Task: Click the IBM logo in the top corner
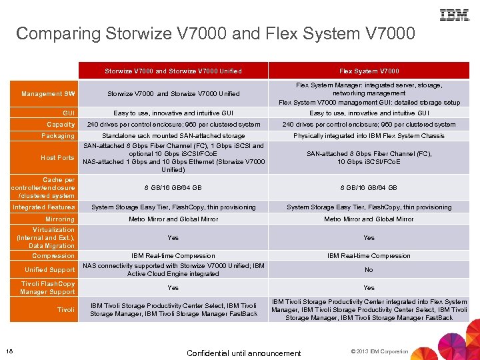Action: (454, 14)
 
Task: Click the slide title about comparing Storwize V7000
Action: (215, 33)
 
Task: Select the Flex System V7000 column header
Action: (369, 71)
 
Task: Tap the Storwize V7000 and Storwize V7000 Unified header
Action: (173, 71)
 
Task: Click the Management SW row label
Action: (48, 94)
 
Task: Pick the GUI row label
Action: (69, 113)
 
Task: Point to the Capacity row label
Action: (61, 125)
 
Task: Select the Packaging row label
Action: (58, 136)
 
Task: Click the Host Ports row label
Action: (57, 158)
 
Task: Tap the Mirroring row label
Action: (60, 219)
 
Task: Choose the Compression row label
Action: (53, 256)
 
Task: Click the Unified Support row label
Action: (50, 270)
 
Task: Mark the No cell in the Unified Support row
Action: (369, 270)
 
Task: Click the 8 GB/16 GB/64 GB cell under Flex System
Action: (369, 188)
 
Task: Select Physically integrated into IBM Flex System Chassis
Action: (369, 136)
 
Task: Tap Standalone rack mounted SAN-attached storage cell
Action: (173, 136)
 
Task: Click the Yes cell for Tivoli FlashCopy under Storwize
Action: (173, 288)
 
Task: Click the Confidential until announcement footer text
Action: (244, 353)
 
